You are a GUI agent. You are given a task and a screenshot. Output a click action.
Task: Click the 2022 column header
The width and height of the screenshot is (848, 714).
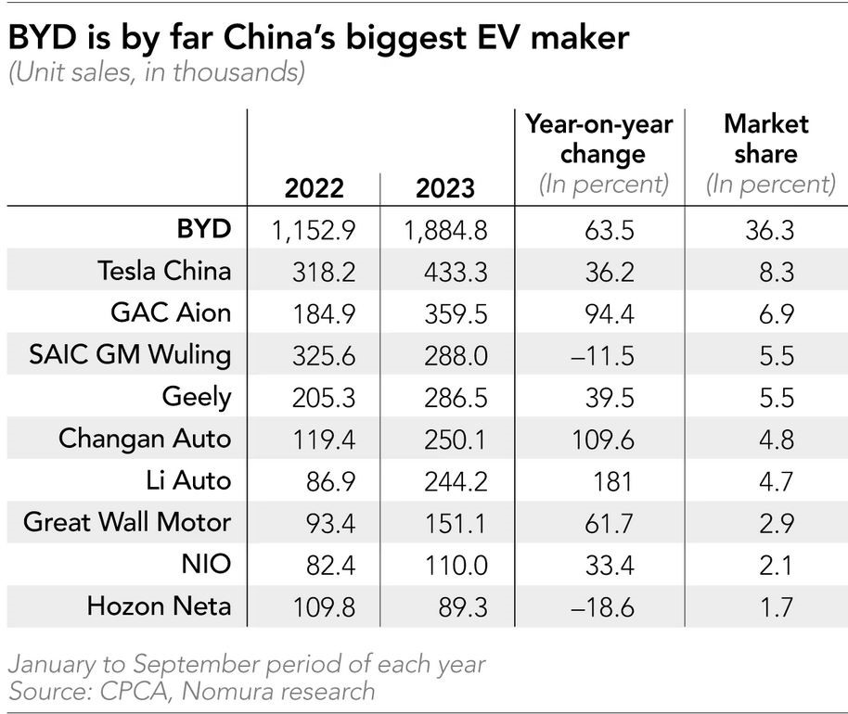(315, 188)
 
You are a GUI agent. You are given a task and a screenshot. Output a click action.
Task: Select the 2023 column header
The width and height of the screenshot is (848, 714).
(445, 188)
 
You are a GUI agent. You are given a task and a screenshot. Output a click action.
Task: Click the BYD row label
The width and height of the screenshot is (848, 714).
(204, 229)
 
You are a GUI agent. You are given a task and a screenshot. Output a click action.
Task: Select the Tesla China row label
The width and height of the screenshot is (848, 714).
(164, 270)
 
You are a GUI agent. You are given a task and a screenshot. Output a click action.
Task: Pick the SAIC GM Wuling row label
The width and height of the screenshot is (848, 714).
(130, 355)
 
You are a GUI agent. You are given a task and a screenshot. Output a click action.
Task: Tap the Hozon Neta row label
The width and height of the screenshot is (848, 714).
(159, 606)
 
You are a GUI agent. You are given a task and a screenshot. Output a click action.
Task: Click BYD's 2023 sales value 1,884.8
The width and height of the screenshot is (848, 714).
(445, 231)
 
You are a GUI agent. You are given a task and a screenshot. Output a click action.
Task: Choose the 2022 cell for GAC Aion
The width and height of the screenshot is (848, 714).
(324, 314)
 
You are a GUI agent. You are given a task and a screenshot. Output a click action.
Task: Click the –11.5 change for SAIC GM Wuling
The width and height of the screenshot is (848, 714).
(602, 356)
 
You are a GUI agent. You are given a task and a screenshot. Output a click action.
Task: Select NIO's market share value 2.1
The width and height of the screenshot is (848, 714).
(776, 566)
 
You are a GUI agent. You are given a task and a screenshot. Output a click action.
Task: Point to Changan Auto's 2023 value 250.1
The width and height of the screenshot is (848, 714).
(456, 440)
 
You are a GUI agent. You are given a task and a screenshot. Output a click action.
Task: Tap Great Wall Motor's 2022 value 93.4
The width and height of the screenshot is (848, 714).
(330, 523)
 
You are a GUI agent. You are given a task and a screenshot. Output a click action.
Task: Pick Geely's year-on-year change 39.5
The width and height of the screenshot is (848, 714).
(610, 398)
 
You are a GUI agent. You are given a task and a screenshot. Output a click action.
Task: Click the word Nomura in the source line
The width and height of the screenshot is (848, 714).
(224, 692)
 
